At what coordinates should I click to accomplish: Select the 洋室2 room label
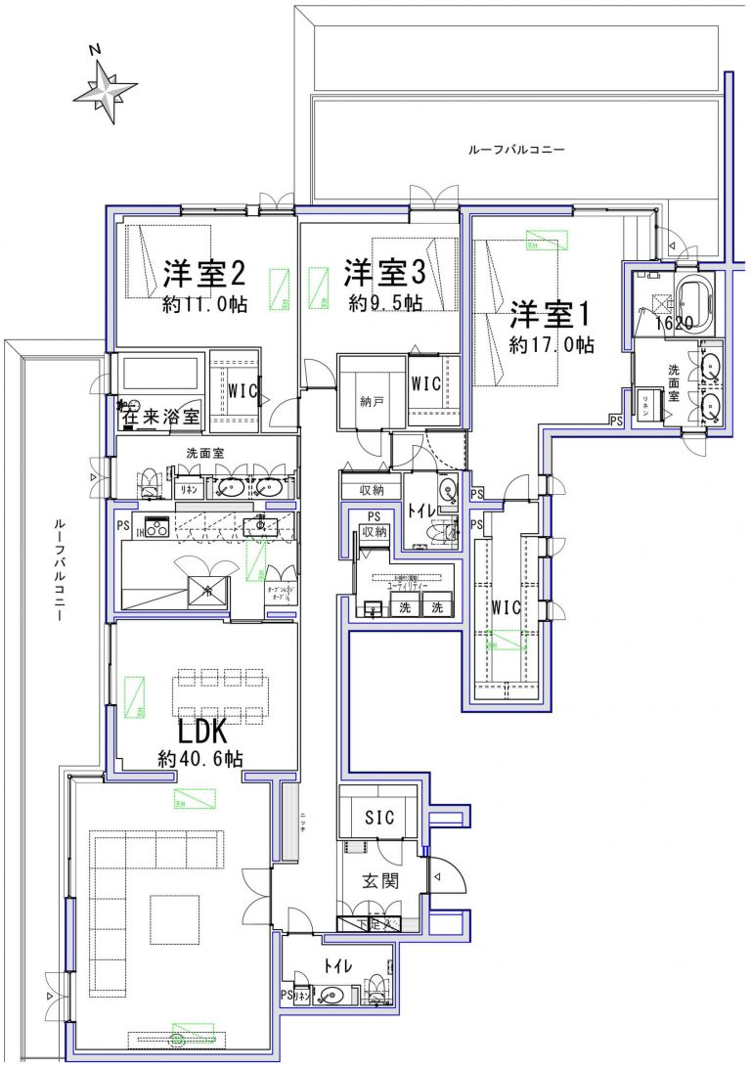pyautogui.click(x=202, y=271)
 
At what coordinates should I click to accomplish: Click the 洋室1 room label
pyautogui.click(x=552, y=314)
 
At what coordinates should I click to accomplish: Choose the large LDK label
pyautogui.click(x=202, y=731)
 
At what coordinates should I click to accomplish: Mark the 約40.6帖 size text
pyautogui.click(x=200, y=758)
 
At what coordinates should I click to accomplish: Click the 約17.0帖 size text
pyautogui.click(x=552, y=344)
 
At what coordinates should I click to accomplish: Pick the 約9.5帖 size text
pyautogui.click(x=385, y=301)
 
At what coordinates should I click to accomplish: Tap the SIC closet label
pyautogui.click(x=379, y=818)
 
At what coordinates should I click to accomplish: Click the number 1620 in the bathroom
pyautogui.click(x=674, y=322)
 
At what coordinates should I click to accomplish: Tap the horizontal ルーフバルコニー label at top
pyautogui.click(x=517, y=150)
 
